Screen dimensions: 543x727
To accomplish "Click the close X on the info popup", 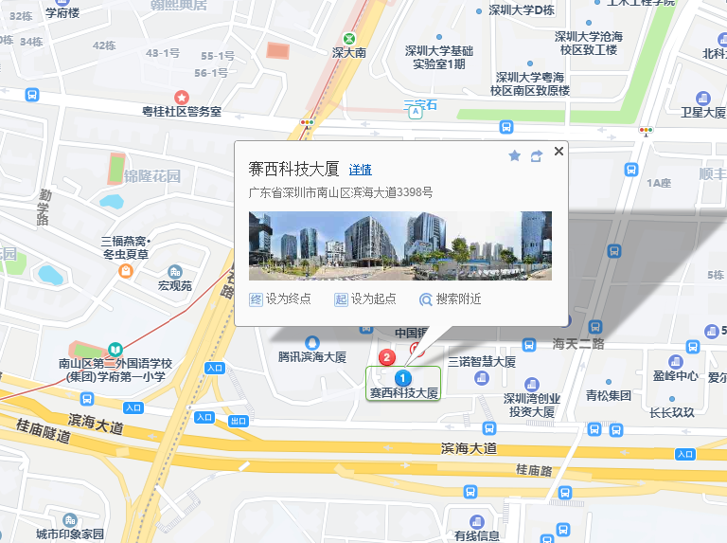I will [x=559, y=151].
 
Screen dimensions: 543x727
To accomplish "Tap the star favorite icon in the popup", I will [x=515, y=155].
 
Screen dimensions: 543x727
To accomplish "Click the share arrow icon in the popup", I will [x=537, y=155].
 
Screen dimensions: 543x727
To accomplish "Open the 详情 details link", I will [x=360, y=170].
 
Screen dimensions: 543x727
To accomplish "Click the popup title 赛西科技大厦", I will [x=293, y=169].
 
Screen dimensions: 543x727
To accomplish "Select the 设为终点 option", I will [x=280, y=299].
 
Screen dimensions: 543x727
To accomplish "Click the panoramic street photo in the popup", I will [x=399, y=245].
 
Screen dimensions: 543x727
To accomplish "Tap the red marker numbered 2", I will [x=386, y=357].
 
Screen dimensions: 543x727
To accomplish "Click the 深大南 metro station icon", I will [x=349, y=39].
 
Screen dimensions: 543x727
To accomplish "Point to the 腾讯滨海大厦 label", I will [x=312, y=357].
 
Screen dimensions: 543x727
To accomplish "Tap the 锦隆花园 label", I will [x=151, y=175].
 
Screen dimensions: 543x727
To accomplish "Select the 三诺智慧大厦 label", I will [x=482, y=362].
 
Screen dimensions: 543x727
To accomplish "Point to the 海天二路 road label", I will [x=578, y=343].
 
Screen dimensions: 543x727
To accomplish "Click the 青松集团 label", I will [x=608, y=395].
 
